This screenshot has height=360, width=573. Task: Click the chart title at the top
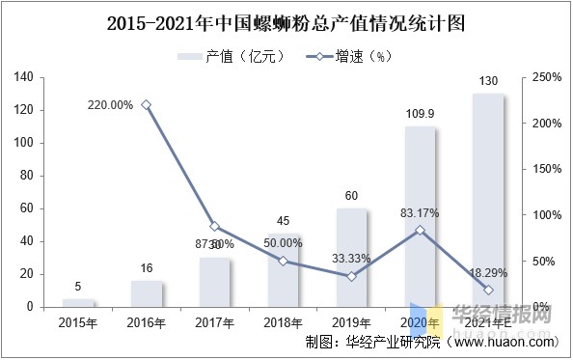(286, 20)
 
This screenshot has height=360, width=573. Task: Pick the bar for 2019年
(351, 258)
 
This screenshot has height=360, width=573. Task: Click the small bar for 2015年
(78, 303)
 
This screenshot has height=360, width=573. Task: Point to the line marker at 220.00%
(147, 105)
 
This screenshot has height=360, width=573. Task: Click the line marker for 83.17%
(420, 231)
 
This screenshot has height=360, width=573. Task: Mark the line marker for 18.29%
(488, 290)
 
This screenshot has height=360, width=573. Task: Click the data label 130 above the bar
(488, 82)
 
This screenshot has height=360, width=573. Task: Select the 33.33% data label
(351, 259)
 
